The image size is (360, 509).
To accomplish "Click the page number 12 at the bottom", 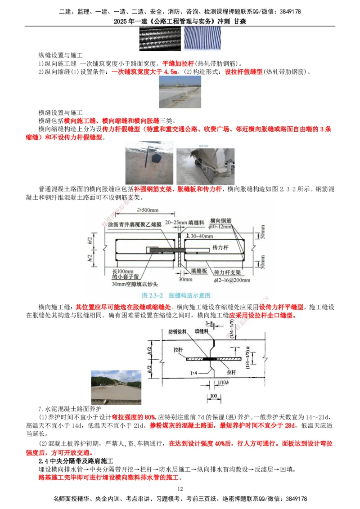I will coord(180,489).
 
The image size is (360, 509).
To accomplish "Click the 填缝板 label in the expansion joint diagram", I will coord(198,272).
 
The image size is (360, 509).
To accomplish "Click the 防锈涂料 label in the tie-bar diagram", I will coord(176,331).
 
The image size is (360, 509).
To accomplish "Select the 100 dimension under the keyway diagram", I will coord(213,396).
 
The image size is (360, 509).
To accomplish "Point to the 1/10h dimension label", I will coord(222,381).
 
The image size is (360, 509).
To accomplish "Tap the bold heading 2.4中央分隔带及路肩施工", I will coord(77,461).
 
